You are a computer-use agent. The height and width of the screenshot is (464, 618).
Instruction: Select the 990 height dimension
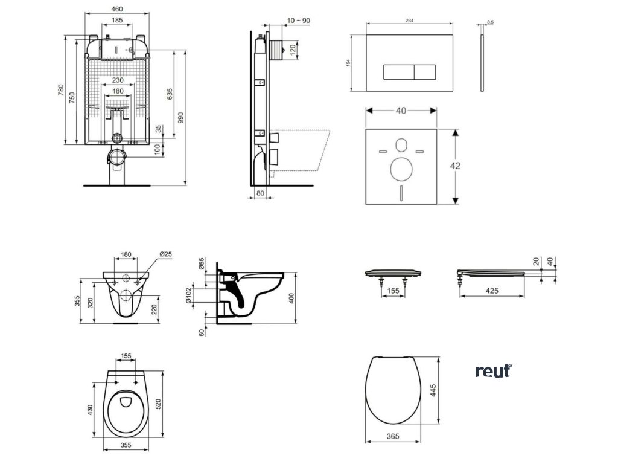(x=180, y=118)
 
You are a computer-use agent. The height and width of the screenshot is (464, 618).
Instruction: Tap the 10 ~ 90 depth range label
(x=299, y=21)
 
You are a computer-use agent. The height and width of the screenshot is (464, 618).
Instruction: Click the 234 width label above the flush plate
(x=409, y=21)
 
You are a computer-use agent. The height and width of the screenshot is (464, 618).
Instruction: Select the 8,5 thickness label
(x=489, y=22)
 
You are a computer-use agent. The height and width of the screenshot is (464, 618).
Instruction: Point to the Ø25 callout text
(x=166, y=254)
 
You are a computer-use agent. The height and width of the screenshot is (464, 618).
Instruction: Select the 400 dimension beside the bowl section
(x=291, y=298)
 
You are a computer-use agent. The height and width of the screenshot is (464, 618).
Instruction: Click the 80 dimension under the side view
(x=261, y=193)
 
